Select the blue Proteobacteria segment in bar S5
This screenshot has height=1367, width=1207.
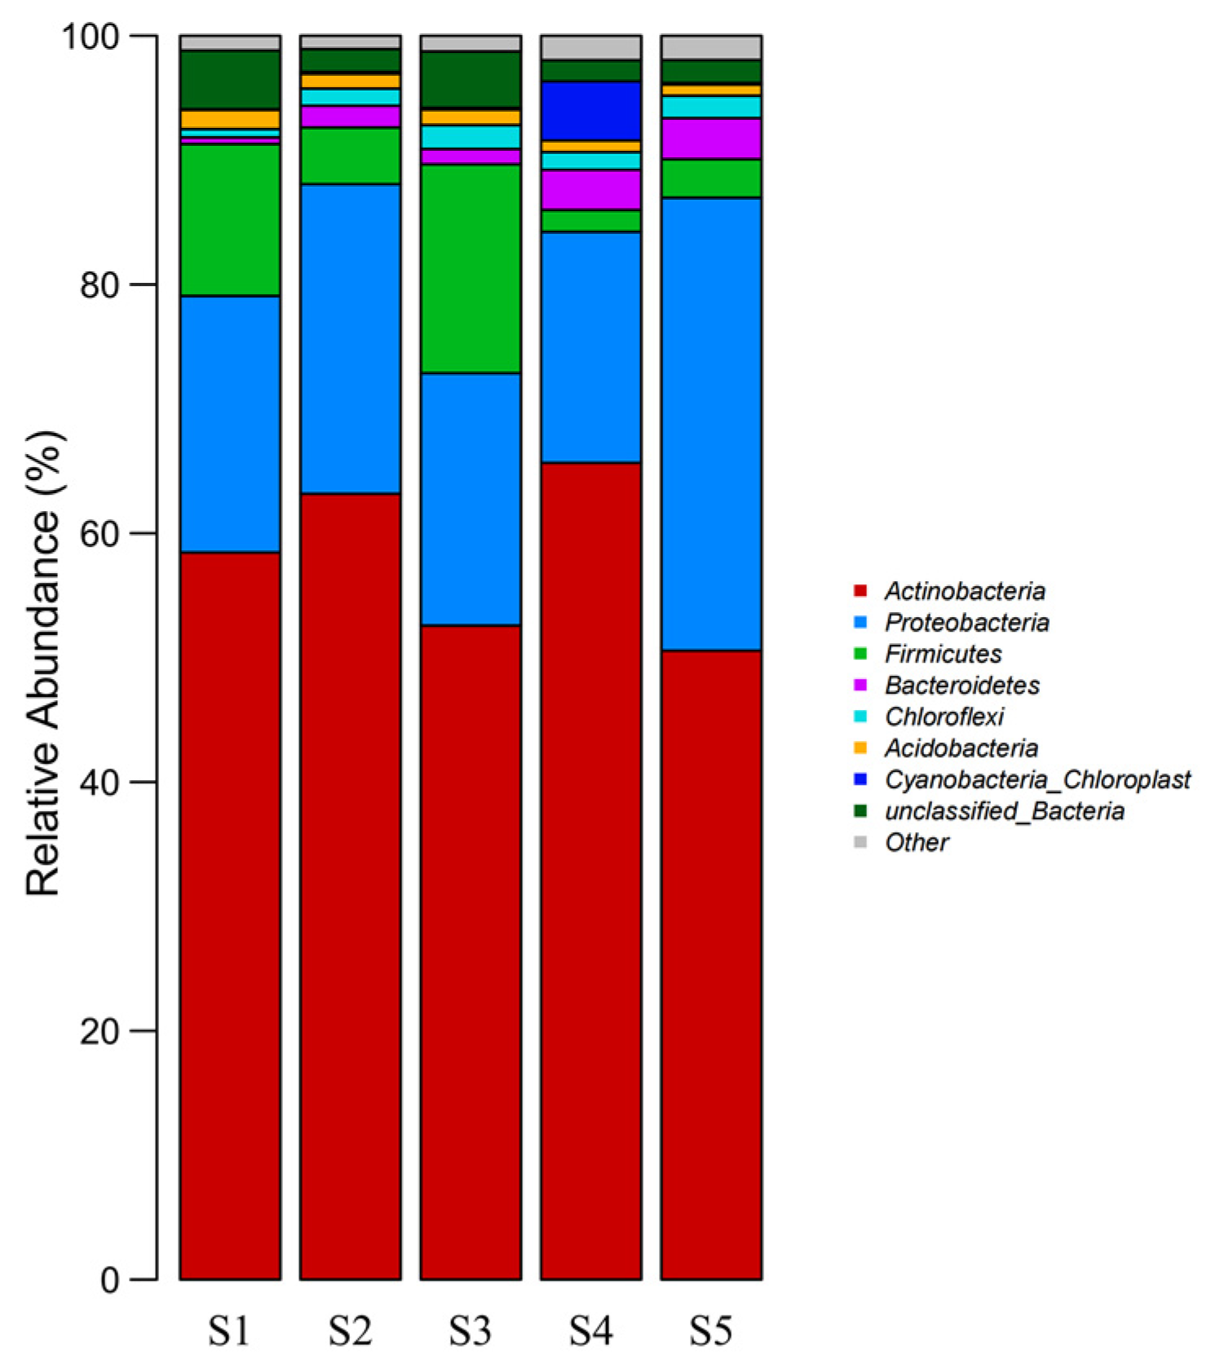711,424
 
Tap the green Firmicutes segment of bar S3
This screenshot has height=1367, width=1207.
471,269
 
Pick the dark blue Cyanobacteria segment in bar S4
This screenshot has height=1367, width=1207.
590,111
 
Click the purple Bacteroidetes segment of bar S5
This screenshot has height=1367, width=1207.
711,139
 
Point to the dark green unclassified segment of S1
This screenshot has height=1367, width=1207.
230,80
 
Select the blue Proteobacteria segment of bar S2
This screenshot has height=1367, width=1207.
350,338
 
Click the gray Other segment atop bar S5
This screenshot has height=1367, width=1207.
711,47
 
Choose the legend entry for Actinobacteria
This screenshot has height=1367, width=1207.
965,591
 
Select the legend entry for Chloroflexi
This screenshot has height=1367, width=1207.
944,717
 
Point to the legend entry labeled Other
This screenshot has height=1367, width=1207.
917,842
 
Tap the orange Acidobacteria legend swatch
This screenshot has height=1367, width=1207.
860,747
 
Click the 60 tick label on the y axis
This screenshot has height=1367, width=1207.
99,533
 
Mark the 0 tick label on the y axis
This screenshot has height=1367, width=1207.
110,1280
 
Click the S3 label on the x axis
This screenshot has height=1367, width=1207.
471,1332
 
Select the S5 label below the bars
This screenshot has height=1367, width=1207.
711,1332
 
